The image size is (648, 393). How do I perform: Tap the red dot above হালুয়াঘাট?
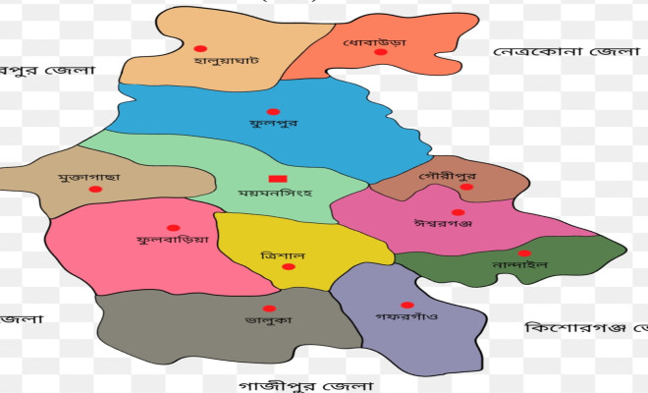200,48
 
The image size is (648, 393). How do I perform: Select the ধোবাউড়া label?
374,43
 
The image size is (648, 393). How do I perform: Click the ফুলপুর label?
273,125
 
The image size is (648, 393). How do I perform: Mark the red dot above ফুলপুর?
273,111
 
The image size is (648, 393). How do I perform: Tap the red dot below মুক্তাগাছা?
95,189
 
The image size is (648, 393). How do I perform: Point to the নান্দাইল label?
518,264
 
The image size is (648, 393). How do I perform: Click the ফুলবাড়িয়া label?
173,239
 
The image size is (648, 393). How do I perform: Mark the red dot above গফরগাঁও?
406,305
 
